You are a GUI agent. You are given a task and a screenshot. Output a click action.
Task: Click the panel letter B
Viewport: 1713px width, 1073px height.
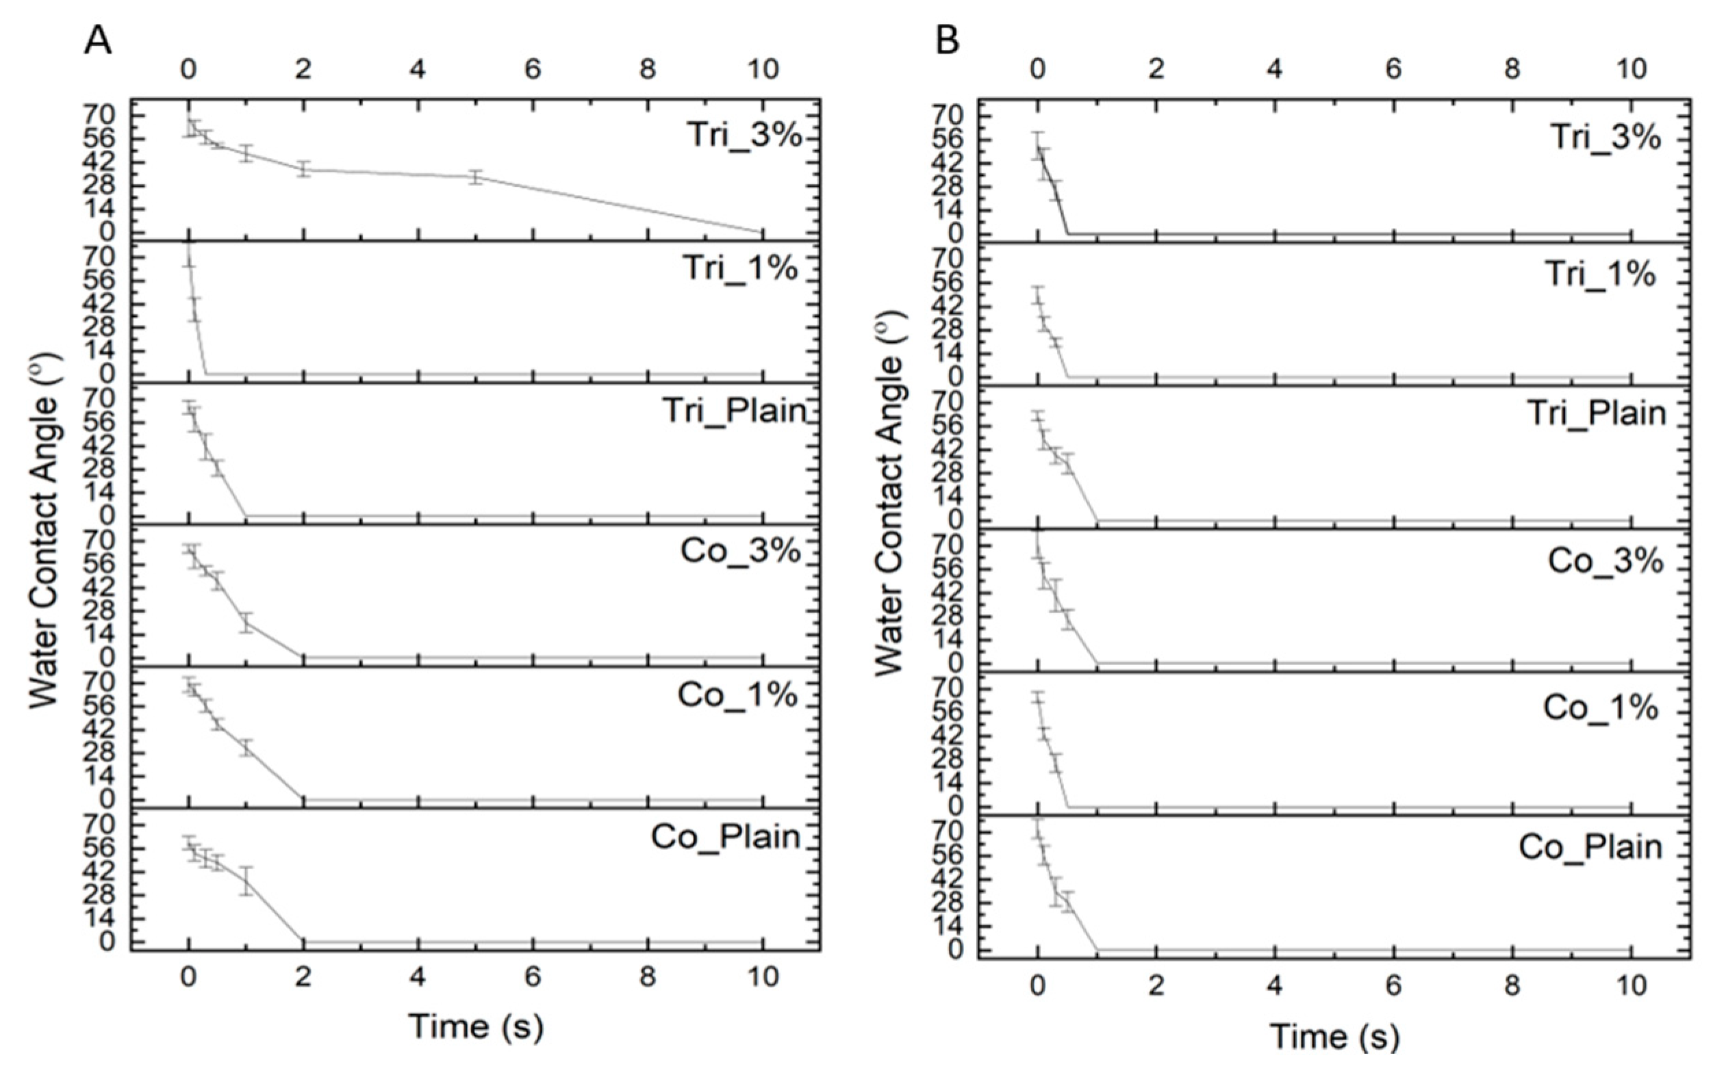[947, 41]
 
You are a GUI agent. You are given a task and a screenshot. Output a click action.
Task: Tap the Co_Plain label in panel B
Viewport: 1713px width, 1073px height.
[1590, 846]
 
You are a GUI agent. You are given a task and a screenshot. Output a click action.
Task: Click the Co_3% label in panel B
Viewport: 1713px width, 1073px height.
[1605, 560]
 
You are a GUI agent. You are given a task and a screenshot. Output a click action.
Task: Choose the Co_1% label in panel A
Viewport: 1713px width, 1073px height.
[737, 695]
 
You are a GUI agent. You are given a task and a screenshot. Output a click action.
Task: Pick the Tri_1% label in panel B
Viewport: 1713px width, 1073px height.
[1600, 274]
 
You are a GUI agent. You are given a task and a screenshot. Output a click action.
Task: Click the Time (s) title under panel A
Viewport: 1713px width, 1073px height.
[476, 1026]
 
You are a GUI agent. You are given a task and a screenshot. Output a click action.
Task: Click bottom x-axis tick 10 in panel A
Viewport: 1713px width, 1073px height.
[763, 977]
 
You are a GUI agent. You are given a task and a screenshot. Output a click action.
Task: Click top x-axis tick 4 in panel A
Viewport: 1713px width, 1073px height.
[418, 70]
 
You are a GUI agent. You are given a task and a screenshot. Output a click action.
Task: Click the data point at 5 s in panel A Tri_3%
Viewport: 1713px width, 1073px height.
[476, 177]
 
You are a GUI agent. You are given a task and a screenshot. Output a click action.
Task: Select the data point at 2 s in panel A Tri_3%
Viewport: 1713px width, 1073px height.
[304, 169]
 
